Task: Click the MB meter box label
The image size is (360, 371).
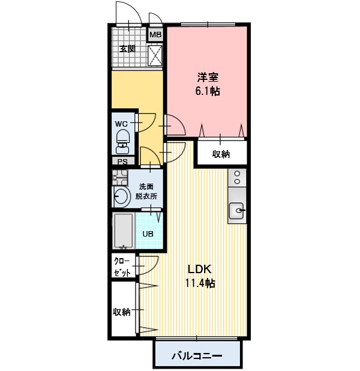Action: (155, 35)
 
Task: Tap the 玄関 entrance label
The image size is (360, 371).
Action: (127, 49)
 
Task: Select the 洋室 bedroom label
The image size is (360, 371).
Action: (208, 77)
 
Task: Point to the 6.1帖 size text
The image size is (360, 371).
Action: (208, 91)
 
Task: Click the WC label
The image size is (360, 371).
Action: (121, 124)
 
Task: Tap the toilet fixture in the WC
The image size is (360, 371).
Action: (122, 142)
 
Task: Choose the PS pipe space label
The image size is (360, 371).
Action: (122, 161)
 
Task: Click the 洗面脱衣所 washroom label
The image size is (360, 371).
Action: (146, 192)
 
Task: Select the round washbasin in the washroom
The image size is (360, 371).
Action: (122, 196)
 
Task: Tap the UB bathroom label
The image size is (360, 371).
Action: (148, 234)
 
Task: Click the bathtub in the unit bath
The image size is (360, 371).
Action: (123, 231)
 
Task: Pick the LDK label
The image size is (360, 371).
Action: (199, 269)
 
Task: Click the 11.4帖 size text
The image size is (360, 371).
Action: (200, 283)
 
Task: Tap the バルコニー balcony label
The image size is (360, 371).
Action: (197, 355)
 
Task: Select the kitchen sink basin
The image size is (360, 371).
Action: (236, 210)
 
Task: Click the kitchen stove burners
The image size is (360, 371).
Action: (237, 178)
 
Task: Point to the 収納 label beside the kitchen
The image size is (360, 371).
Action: (221, 154)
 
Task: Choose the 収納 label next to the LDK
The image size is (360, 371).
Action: (121, 312)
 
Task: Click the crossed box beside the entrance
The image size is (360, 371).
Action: (155, 55)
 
